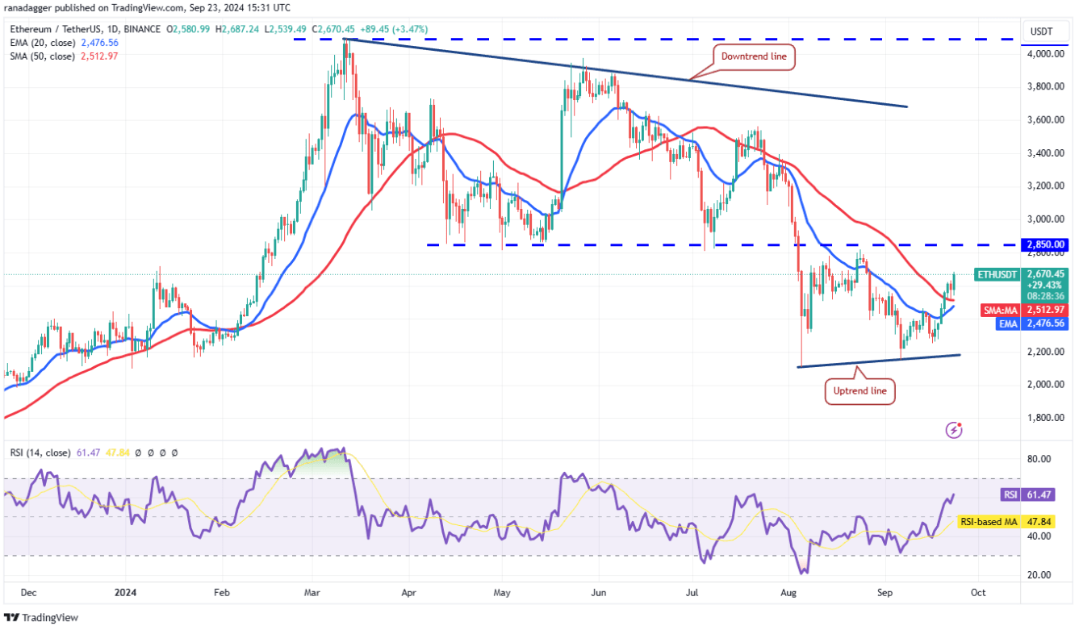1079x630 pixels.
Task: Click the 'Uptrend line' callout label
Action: coord(859,391)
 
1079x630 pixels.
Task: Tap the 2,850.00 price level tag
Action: coord(1046,244)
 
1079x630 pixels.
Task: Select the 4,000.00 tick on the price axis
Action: coord(1046,54)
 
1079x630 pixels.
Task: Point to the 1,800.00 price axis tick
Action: coord(1046,418)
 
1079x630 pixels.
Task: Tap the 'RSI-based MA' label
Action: coord(989,522)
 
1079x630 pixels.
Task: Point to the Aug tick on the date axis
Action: coord(790,592)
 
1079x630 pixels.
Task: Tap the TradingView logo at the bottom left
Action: coord(50,617)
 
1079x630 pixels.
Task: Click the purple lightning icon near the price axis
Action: coord(954,430)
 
